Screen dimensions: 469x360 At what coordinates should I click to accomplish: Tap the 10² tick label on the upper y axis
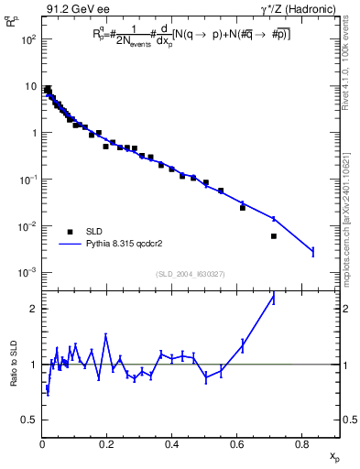29,39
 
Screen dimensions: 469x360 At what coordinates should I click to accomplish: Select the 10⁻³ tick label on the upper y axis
29,272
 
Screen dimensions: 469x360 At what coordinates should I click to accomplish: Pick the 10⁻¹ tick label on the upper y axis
29,180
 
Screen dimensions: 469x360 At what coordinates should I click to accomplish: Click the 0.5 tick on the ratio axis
29,420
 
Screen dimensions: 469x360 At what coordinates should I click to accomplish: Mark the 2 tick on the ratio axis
32,309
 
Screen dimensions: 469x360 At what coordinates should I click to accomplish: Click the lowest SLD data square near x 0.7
274,236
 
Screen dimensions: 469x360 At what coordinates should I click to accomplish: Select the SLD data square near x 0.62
243,208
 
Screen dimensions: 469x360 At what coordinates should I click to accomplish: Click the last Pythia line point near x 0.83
312,251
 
